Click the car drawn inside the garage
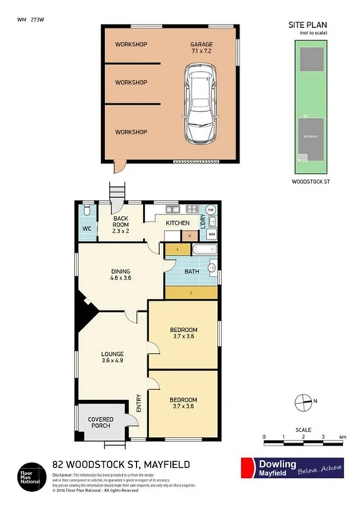click(202, 104)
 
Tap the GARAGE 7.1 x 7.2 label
click(202, 48)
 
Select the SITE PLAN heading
click(307, 25)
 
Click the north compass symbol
click(303, 401)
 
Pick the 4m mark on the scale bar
click(342, 437)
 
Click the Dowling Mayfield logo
click(291, 469)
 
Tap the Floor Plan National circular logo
click(27, 473)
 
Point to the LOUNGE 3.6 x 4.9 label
click(113, 357)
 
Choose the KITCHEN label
click(177, 223)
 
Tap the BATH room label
click(192, 272)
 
